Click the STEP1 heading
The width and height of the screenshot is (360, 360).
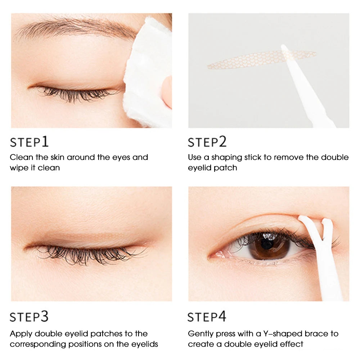click(29, 142)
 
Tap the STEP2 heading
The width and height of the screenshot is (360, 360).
click(207, 142)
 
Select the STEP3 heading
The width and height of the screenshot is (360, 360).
click(29, 317)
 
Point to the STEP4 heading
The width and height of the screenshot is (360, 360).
click(207, 317)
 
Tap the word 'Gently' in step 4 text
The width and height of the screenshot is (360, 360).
click(201, 334)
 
